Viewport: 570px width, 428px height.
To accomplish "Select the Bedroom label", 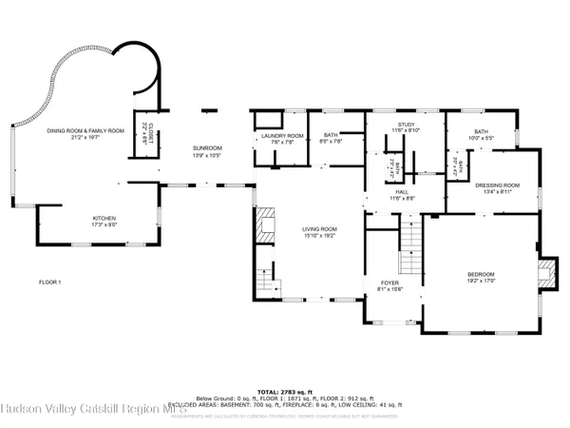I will pos(480,277).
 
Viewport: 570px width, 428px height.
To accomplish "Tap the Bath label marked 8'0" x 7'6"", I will pos(331,139).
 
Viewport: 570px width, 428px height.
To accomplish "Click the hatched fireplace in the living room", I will pos(266,222).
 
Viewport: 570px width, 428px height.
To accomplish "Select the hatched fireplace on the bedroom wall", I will pos(544,275).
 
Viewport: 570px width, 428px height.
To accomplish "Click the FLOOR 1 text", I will pos(49,282).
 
